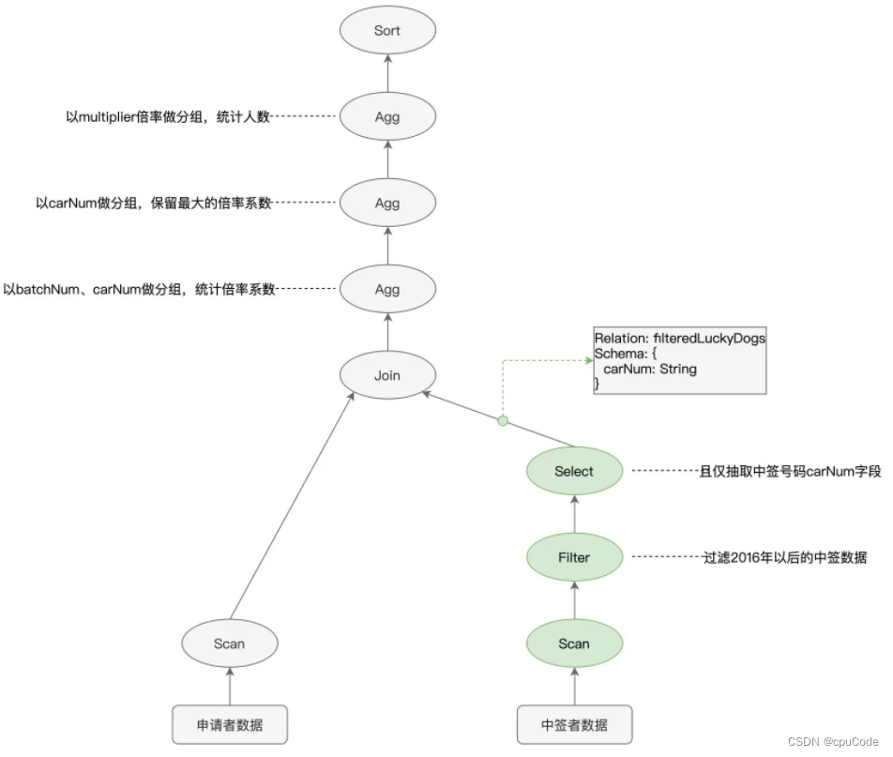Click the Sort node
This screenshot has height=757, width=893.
coord(387,31)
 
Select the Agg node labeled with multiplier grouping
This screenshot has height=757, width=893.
coord(387,117)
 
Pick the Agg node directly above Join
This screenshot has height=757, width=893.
coord(387,290)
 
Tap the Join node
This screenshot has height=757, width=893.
coord(387,375)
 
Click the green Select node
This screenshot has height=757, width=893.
coord(574,472)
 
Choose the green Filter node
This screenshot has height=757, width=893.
coord(574,557)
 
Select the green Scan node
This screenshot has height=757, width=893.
coord(574,643)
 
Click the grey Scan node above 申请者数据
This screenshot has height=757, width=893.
coord(229,643)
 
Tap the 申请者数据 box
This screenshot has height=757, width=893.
coord(229,725)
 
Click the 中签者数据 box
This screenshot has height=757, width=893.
coord(574,725)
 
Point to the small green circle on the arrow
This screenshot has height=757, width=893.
coord(503,421)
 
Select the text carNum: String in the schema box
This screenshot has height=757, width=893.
coord(650,370)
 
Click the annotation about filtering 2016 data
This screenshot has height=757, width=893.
coord(784,558)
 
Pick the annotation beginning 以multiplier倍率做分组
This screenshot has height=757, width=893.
coord(168,117)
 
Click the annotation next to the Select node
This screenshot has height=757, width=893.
coord(791,472)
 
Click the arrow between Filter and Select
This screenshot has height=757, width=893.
coord(574,514)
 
